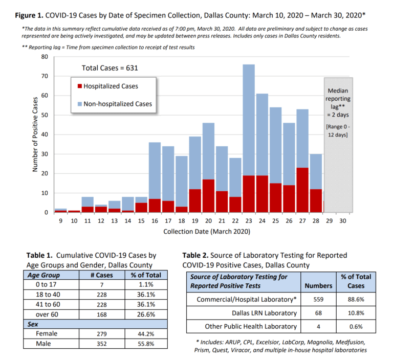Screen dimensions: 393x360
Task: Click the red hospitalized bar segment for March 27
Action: pyautogui.click(x=302, y=190)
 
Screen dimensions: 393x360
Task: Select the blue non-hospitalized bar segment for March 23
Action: pyautogui.click(x=249, y=120)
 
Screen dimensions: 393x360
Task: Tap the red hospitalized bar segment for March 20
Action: pyautogui.click(x=208, y=196)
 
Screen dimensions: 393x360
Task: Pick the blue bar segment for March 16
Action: pyautogui.click(x=155, y=171)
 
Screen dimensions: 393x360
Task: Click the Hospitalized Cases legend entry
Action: pyautogui.click(x=108, y=86)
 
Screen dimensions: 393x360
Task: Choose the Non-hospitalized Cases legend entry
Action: pyautogui.click(x=115, y=104)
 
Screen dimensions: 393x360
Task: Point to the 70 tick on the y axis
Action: pyautogui.click(x=45, y=76)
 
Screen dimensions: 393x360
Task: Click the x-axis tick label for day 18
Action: pyautogui.click(x=182, y=221)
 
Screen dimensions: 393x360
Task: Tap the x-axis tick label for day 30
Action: pyautogui.click(x=343, y=221)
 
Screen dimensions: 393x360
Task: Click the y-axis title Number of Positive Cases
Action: pyautogui.click(x=35, y=134)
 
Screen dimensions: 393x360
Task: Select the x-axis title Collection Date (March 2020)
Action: pyautogui.click(x=207, y=232)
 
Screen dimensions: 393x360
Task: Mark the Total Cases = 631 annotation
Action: pyautogui.click(x=110, y=68)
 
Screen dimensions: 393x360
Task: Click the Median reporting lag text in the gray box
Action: pyautogui.click(x=338, y=103)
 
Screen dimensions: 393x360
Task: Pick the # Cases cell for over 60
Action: pyautogui.click(x=102, y=314)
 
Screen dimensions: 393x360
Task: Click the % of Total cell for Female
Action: pyautogui.click(x=146, y=334)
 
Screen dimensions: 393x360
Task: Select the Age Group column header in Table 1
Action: pyautogui.click(x=43, y=275)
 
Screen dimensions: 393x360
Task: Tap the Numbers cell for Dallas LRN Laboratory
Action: pyautogui.click(x=318, y=313)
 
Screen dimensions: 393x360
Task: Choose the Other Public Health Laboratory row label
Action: pyautogui.click(x=251, y=326)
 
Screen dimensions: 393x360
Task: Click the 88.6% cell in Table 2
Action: pyautogui.click(x=356, y=299)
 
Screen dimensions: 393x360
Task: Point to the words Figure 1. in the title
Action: pyautogui.click(x=29, y=15)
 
